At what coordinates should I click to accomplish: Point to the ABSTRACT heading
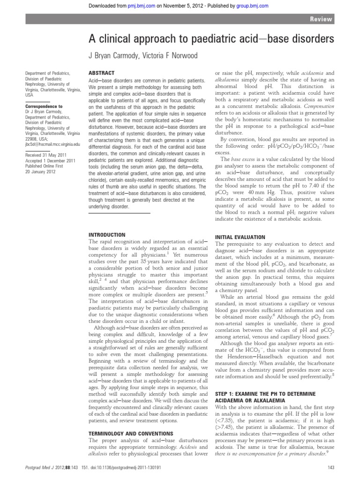tap(101, 73)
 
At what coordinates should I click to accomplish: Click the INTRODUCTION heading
tap(107, 234)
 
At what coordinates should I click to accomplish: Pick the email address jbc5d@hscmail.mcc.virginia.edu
tap(53, 145)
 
